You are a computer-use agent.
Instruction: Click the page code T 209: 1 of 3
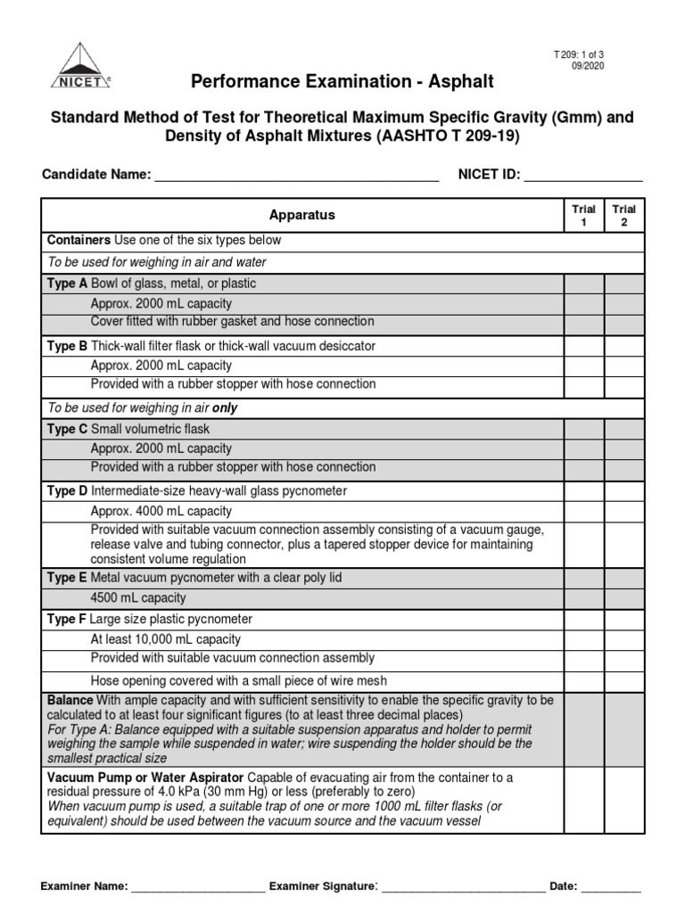tap(579, 55)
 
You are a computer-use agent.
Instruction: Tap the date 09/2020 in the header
tap(587, 67)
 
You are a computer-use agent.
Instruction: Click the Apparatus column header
tap(302, 215)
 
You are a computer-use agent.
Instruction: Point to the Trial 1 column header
tap(583, 215)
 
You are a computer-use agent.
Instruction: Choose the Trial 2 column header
tap(623, 215)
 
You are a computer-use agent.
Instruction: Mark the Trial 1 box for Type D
tap(583, 491)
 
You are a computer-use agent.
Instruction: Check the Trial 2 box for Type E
tap(623, 578)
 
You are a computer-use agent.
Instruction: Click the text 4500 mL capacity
tap(138, 598)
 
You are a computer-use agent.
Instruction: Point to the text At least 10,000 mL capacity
tap(166, 639)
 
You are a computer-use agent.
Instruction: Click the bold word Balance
tap(70, 701)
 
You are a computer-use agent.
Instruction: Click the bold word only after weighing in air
tap(224, 408)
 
